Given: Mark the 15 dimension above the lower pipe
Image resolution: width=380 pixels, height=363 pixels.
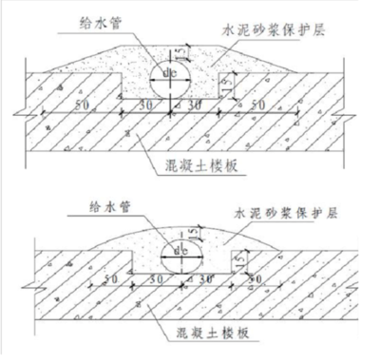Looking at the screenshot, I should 193,231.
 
